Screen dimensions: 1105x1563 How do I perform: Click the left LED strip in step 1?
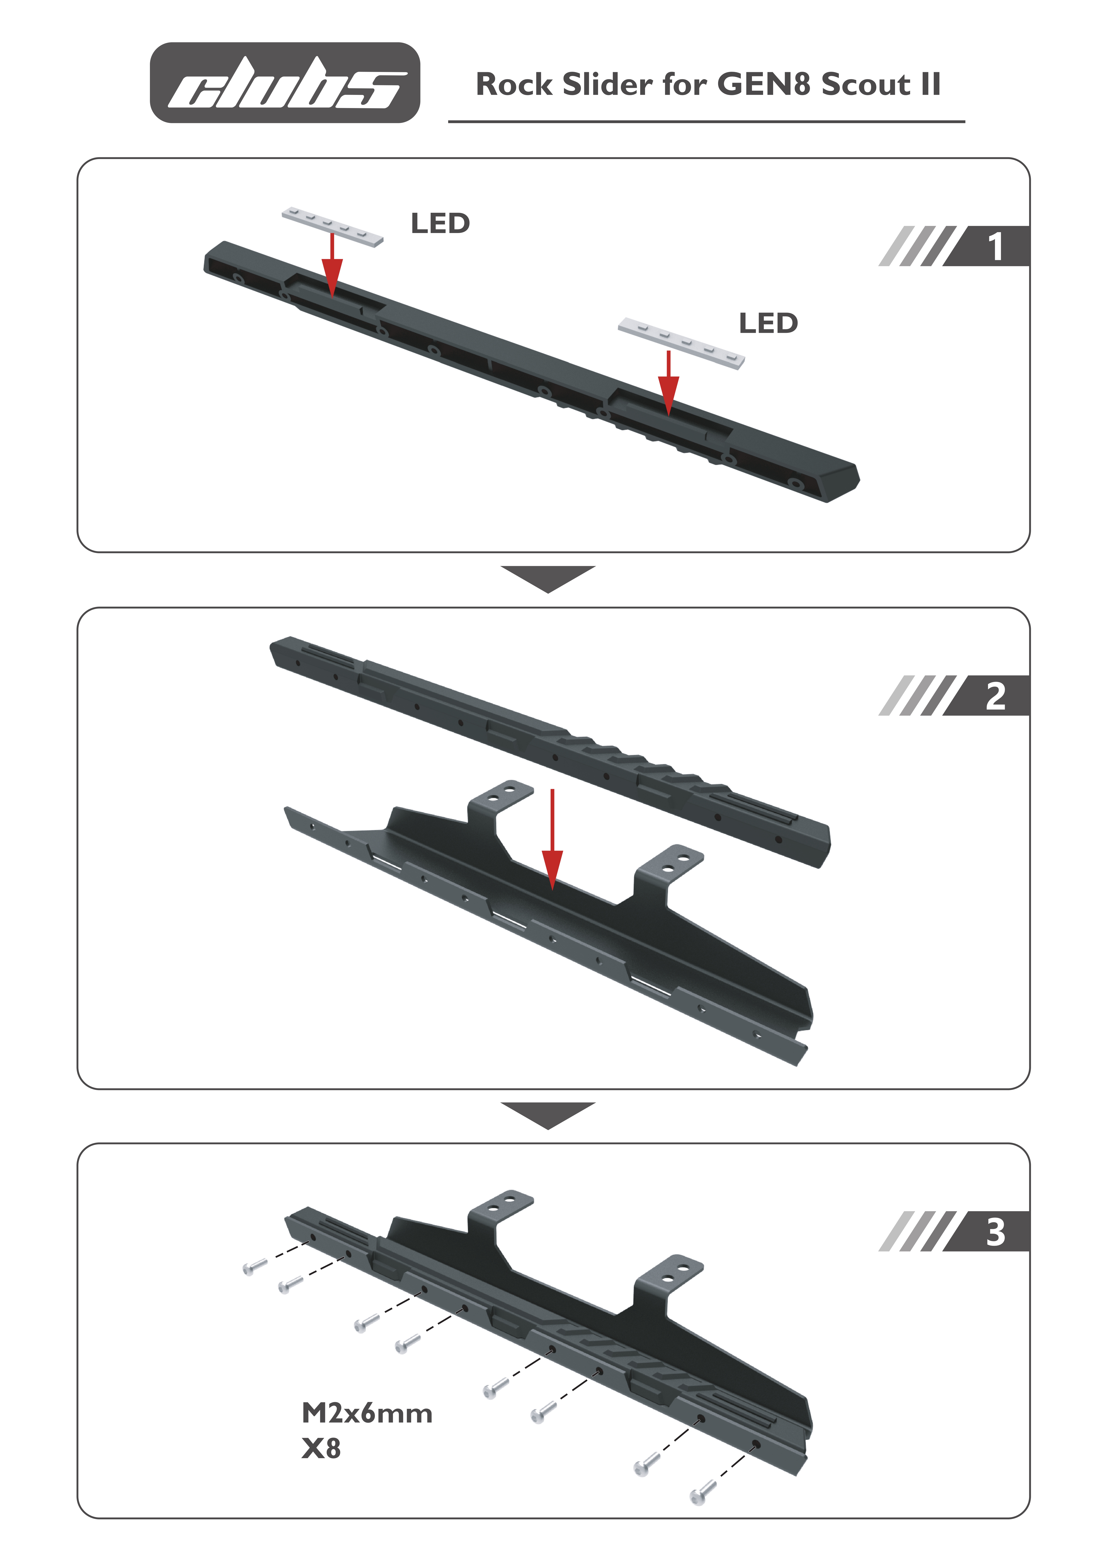(332, 227)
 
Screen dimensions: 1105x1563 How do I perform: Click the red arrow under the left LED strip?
(332, 266)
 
